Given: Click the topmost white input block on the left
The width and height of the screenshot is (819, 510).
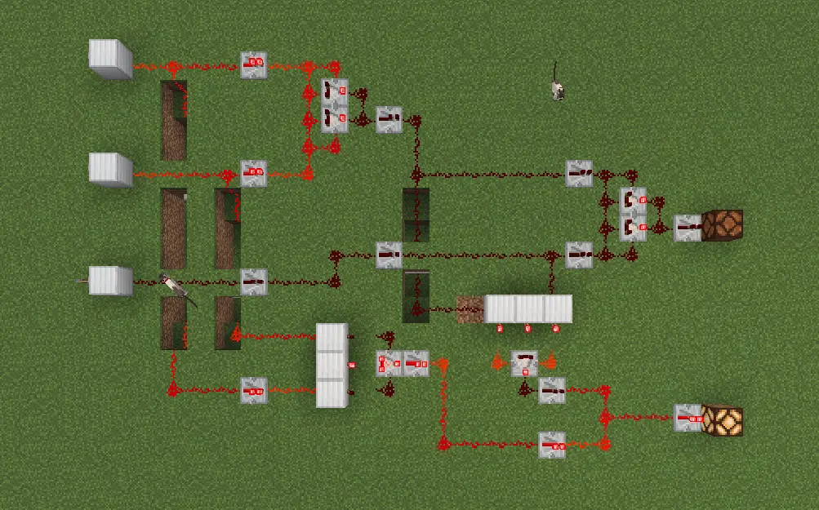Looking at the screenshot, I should click(110, 58).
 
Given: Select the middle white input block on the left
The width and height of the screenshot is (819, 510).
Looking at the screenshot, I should click(110, 169).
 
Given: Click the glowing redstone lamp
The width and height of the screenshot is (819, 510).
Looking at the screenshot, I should click(723, 420).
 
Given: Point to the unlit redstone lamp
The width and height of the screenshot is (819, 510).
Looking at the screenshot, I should click(723, 225).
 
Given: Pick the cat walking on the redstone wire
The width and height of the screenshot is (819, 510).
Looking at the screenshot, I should click(176, 287).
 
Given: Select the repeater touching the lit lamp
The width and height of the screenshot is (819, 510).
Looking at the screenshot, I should click(688, 418).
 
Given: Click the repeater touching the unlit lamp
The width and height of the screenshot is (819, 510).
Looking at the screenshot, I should click(688, 228).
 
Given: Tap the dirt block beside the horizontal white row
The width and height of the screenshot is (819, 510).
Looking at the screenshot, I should click(470, 309).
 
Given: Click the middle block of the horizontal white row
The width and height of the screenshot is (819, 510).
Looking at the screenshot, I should click(528, 309).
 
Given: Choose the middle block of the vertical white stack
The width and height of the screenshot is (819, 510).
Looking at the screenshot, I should click(332, 365).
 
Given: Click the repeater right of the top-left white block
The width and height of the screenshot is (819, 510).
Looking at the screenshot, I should click(254, 64).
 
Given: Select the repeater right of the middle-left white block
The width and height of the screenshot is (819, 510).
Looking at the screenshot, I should click(254, 173).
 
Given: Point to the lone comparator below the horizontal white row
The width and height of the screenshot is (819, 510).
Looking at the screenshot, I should click(524, 362).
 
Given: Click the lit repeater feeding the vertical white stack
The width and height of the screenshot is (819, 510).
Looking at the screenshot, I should click(254, 391).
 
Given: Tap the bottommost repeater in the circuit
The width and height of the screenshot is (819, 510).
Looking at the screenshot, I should click(552, 444).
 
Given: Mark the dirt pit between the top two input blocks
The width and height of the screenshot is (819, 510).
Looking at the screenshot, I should click(173, 120).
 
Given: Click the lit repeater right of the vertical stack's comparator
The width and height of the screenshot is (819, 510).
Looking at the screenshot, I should click(416, 363).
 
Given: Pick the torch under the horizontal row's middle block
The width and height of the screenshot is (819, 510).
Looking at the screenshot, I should click(527, 328).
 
